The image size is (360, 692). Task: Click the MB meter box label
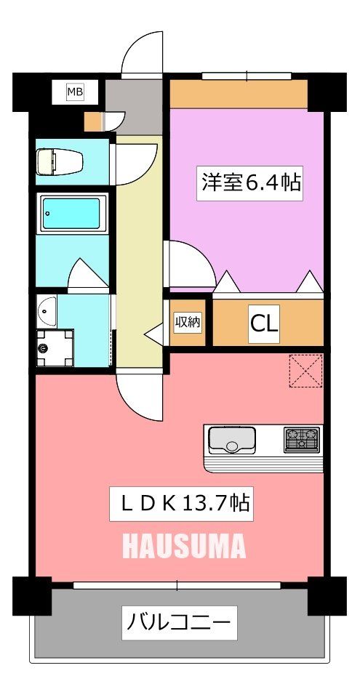(x=74, y=92)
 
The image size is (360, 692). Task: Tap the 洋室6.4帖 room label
(x=251, y=182)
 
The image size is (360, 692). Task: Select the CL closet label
(x=264, y=322)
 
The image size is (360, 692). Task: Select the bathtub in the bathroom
(x=71, y=214)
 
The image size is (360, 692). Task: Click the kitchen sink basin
(x=231, y=440)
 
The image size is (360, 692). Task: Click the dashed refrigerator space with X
(x=305, y=371)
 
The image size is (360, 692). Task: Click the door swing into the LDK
(x=136, y=393)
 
